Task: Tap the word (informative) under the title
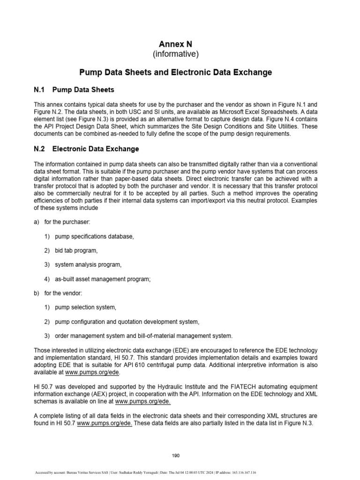(x=176, y=54)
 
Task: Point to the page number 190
(x=176, y=455)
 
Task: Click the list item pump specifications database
(x=94, y=236)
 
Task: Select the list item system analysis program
(x=88, y=264)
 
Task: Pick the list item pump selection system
(x=85, y=307)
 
